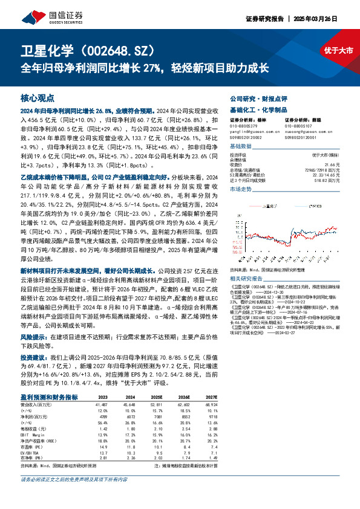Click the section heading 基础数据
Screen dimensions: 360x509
point(241,147)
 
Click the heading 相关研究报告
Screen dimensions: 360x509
point(246,278)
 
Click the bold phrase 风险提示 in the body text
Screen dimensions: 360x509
point(33,352)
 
